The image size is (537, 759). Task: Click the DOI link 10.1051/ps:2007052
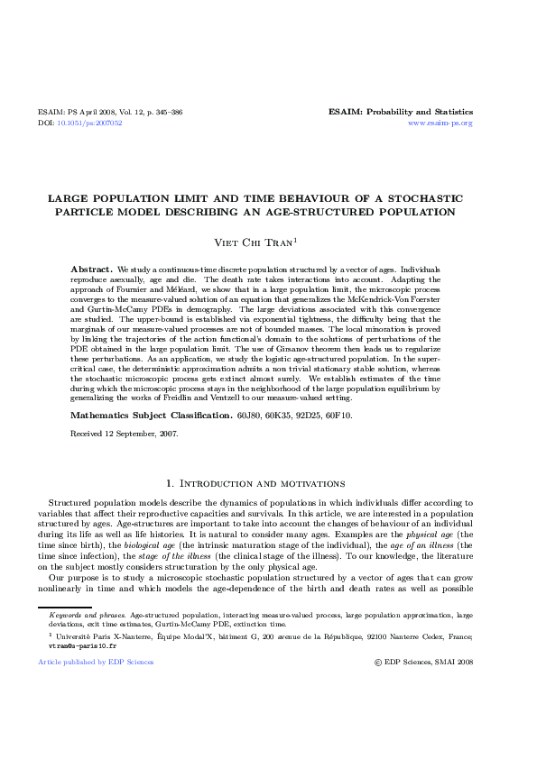pyautogui.click(x=89, y=123)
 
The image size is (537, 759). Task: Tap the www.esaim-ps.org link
pyautogui.click(x=440, y=123)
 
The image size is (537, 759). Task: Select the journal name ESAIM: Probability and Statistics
pyautogui.click(x=401, y=113)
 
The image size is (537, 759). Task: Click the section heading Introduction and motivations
pyautogui.click(x=268, y=484)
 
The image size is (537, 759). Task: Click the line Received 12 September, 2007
pyautogui.click(x=124, y=434)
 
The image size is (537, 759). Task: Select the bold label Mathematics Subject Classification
pyautogui.click(x=151, y=416)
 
